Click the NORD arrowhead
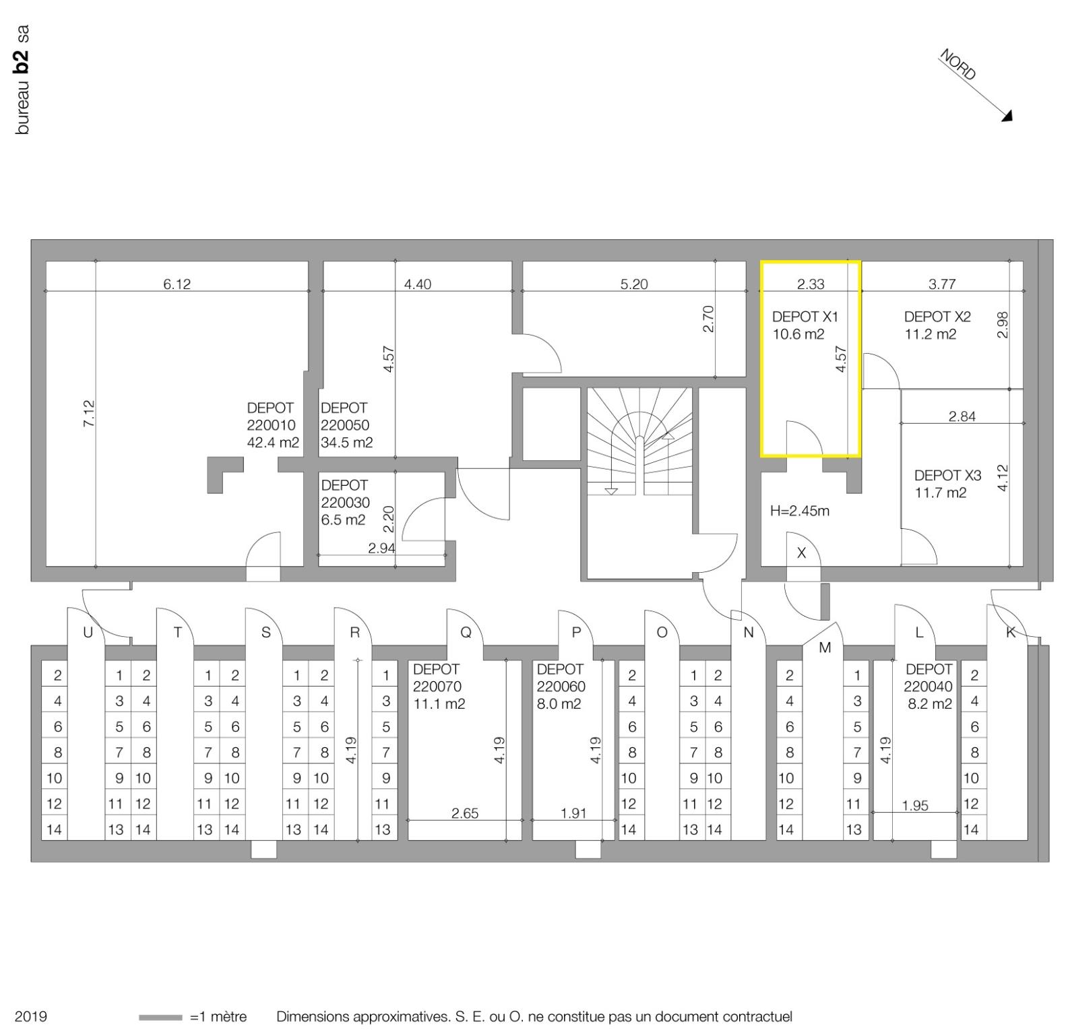point(1007,116)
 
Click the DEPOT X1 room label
point(805,317)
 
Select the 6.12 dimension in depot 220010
point(177,284)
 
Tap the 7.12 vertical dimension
point(89,414)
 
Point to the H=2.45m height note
point(799,511)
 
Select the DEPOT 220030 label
point(345,494)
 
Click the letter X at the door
point(801,553)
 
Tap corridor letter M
point(825,648)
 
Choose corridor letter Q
point(466,632)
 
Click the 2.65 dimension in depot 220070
point(464,813)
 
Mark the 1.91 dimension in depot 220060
point(573,813)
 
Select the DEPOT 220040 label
point(929,678)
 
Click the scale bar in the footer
point(160,1017)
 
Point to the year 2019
point(31,1016)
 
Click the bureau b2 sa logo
point(22,80)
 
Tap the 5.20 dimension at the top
point(633,284)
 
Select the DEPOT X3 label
point(947,475)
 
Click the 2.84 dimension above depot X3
point(962,416)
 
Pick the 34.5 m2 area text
point(346,443)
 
